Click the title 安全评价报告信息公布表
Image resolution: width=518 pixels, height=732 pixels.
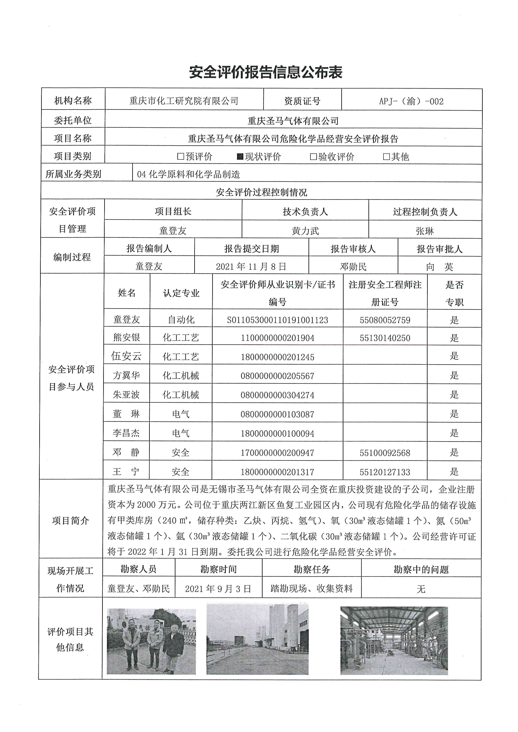click(x=265, y=73)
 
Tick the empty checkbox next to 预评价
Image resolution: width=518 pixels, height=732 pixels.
click(x=180, y=157)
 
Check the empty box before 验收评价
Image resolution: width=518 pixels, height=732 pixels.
click(x=313, y=157)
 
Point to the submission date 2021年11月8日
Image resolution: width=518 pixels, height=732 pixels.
click(x=251, y=267)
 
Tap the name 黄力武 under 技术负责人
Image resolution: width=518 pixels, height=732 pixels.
click(x=305, y=231)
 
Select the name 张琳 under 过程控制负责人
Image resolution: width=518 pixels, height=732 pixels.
click(x=425, y=231)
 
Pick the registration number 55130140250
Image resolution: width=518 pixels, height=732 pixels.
click(x=385, y=338)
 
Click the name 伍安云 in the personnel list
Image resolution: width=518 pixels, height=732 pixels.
click(x=126, y=356)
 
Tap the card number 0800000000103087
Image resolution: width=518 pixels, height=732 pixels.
click(x=278, y=414)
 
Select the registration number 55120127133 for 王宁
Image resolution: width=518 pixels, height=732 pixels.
click(x=385, y=472)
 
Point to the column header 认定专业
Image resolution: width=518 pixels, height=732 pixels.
click(x=181, y=293)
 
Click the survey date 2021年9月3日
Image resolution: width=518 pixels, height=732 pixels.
click(x=218, y=589)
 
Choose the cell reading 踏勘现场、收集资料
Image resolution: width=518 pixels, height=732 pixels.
click(x=312, y=589)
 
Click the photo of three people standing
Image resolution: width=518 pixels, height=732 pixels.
click(x=151, y=641)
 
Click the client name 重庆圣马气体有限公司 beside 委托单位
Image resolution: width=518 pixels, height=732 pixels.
click(x=293, y=121)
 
